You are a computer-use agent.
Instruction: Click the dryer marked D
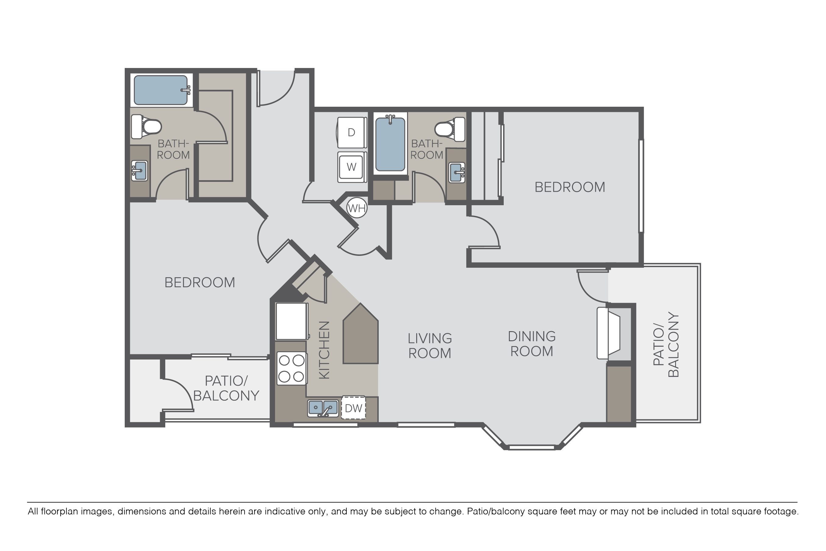[351, 132]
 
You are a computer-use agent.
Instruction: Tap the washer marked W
[351, 167]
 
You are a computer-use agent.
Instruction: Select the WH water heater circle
[357, 208]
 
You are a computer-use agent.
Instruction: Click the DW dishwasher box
[353, 408]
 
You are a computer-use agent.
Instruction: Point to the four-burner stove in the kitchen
[291, 369]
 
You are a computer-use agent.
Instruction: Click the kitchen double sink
[323, 408]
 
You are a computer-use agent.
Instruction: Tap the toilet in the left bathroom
[146, 127]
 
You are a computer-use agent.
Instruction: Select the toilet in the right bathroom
[450, 129]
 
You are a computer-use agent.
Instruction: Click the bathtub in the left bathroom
[161, 90]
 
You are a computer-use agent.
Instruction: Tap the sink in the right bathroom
[457, 173]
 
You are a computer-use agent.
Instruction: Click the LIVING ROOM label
[430, 346]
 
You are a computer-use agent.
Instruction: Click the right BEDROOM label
[570, 187]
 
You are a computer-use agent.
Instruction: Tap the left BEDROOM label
[199, 283]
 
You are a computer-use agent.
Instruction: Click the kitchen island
[360, 334]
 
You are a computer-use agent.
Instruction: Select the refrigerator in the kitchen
[291, 321]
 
